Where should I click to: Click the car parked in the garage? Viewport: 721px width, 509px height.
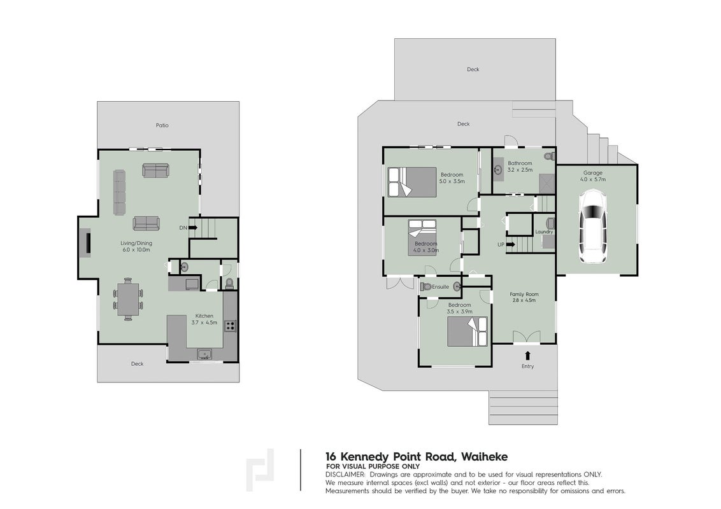[x=592, y=227]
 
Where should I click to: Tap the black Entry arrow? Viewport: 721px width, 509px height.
[x=527, y=355]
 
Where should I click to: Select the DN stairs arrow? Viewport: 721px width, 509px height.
[x=192, y=227]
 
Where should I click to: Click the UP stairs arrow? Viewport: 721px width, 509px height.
[x=510, y=244]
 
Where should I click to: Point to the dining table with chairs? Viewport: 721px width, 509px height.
[x=128, y=299]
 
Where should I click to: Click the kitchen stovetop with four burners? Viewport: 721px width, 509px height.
[x=230, y=326]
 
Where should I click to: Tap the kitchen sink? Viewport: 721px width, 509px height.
[x=204, y=354]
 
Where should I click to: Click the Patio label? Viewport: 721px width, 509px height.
[x=162, y=125]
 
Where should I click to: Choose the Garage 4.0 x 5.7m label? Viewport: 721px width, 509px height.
[x=593, y=176]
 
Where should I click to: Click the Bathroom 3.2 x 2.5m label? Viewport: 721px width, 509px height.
[x=520, y=166]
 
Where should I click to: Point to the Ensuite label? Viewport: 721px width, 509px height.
[x=441, y=287]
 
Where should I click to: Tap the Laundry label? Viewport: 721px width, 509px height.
[x=544, y=232]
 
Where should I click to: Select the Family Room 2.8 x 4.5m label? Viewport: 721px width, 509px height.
[x=524, y=297]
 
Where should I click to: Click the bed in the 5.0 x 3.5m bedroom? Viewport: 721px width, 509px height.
[x=412, y=183]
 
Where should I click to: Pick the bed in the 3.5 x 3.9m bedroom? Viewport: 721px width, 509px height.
[x=467, y=331]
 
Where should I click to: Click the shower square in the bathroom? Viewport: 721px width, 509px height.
[x=547, y=184]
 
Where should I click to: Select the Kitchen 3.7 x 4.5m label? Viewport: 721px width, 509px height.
[x=204, y=319]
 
